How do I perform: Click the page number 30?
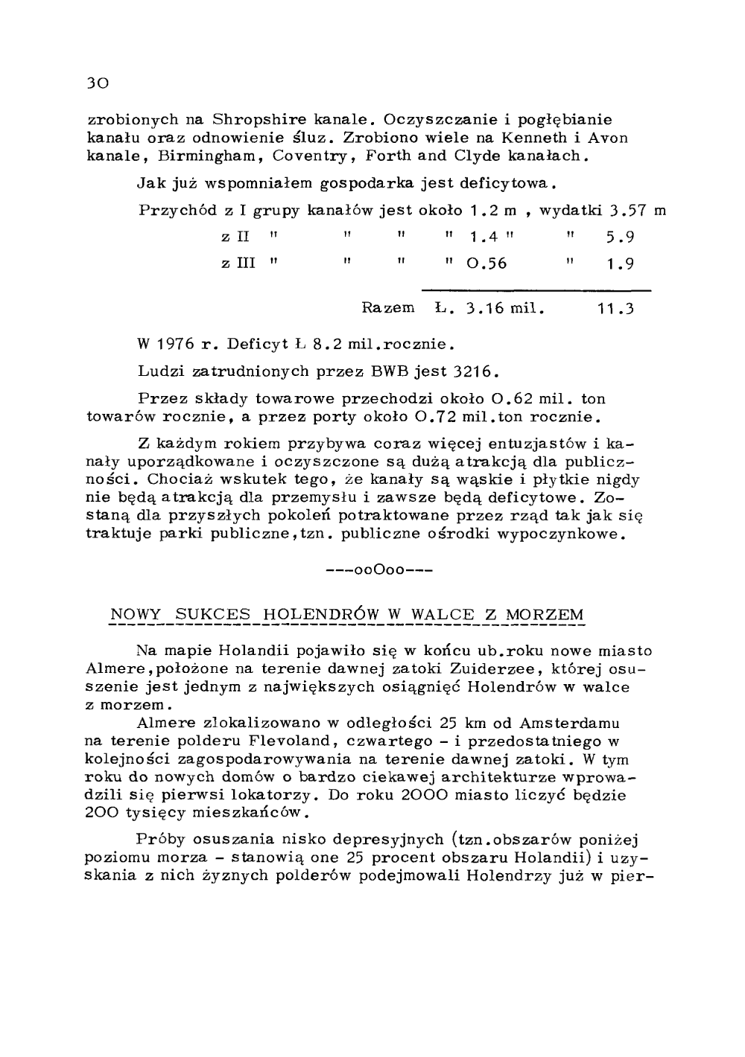[x=98, y=83]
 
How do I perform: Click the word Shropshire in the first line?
[x=255, y=120]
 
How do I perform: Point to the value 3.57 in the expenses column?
[x=627, y=211]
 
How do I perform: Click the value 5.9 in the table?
[x=620, y=238]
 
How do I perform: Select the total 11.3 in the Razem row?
[x=615, y=308]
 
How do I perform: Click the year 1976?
[x=176, y=345]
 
